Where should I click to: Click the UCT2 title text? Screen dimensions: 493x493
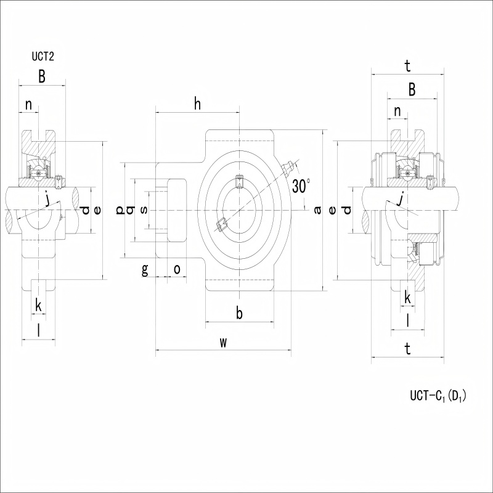[x=43, y=57]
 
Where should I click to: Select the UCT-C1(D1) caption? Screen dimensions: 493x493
[x=438, y=396]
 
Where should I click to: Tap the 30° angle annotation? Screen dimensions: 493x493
[x=301, y=186]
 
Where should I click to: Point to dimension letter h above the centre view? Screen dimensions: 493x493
[x=197, y=104]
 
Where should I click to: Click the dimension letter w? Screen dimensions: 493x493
[x=223, y=343]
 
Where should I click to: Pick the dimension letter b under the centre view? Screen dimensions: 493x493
[x=239, y=313]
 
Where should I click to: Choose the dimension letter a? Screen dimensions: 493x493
[x=318, y=210]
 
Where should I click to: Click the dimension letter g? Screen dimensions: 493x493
[x=145, y=270]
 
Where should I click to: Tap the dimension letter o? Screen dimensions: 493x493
[x=177, y=269]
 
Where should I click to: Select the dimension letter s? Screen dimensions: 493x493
[x=144, y=210]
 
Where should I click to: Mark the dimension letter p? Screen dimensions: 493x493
[x=120, y=210]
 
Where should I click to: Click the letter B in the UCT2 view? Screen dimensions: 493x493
[x=42, y=76]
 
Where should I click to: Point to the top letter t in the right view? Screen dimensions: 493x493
[x=408, y=67]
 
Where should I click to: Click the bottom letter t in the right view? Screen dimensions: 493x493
[x=408, y=349]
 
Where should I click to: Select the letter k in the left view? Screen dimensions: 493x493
[x=38, y=305]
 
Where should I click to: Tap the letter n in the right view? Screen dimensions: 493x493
[x=397, y=112]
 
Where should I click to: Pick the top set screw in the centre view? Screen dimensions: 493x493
[x=239, y=181]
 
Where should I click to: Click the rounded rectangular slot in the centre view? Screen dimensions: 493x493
[x=177, y=210]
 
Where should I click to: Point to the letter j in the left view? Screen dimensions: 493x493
[x=47, y=199]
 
